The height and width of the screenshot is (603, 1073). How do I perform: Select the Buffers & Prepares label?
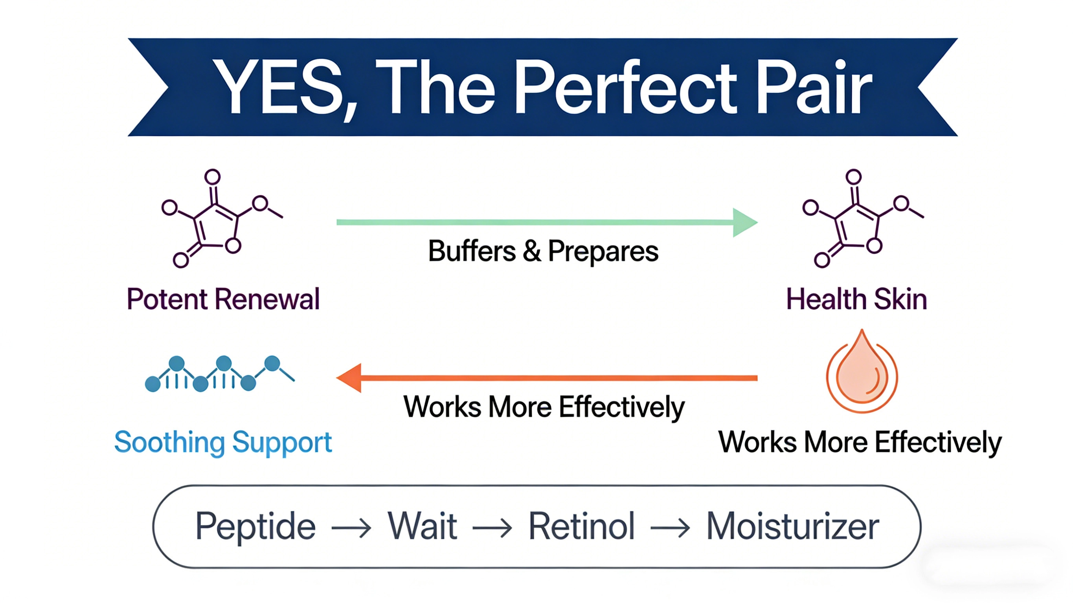pyautogui.click(x=543, y=251)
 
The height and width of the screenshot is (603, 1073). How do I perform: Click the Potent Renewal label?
pyautogui.click(x=223, y=299)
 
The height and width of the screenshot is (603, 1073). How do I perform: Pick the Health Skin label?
pyautogui.click(x=856, y=299)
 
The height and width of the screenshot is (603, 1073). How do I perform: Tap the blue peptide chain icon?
pyautogui.click(x=219, y=374)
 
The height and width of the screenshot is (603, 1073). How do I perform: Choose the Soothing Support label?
pyautogui.click(x=223, y=442)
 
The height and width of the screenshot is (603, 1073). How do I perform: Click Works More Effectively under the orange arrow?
pyautogui.click(x=544, y=407)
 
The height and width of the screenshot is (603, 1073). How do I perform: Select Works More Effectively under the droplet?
pyautogui.click(x=860, y=442)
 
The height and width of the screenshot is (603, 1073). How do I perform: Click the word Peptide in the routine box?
pyautogui.click(x=255, y=526)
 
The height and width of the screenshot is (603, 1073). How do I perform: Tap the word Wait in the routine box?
pyautogui.click(x=423, y=526)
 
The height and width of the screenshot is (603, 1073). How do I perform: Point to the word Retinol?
pyautogui.click(x=581, y=526)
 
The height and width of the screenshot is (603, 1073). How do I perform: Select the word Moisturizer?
pyautogui.click(x=792, y=526)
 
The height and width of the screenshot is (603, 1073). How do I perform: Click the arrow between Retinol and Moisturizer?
pyautogui.click(x=670, y=528)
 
